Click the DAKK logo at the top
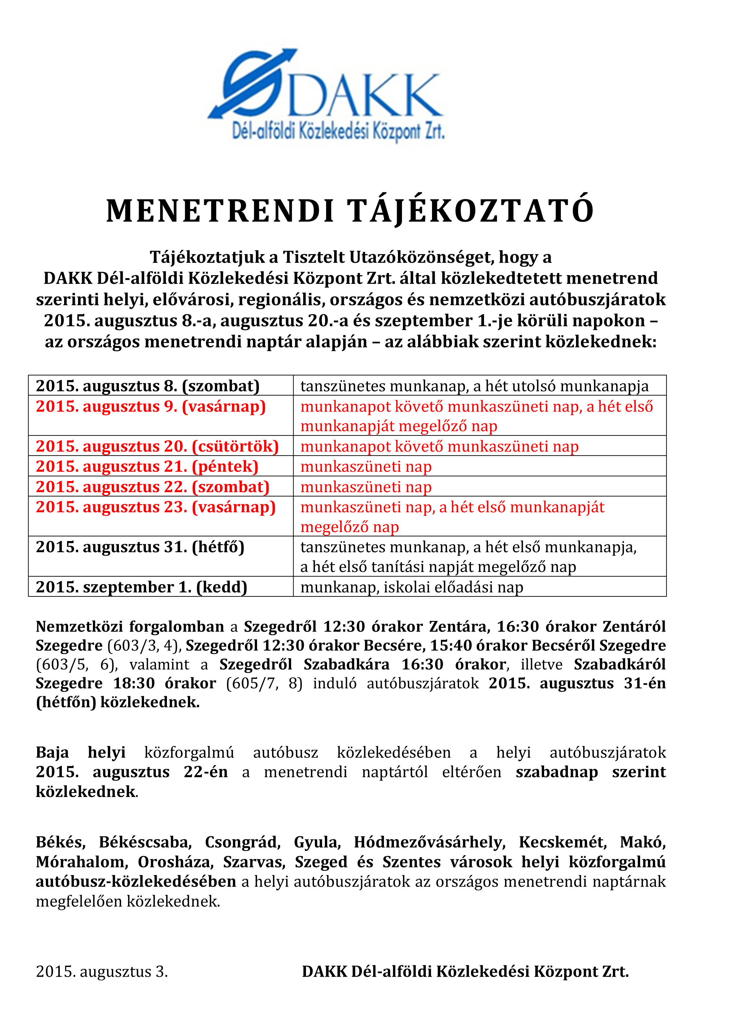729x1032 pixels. click(x=325, y=96)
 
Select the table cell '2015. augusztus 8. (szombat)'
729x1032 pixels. click(x=148, y=386)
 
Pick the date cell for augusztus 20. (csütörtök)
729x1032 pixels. click(x=157, y=446)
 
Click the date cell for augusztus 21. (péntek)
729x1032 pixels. click(x=147, y=466)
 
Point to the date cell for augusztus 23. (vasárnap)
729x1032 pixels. click(x=155, y=507)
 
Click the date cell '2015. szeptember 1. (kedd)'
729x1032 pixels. click(x=142, y=587)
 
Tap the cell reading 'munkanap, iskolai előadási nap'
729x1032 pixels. click(x=412, y=587)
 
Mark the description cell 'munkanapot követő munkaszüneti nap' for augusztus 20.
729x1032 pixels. click(x=439, y=446)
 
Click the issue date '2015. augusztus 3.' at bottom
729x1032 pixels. click(x=102, y=972)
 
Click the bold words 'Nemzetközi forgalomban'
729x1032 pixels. click(x=130, y=627)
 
